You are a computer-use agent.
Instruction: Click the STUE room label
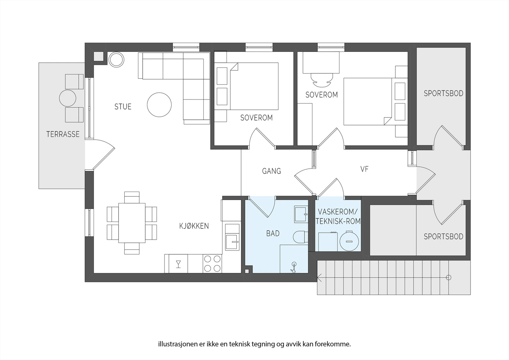pos(123,107)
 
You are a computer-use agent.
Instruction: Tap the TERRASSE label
pos(63,134)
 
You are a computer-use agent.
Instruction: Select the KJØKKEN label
pos(194,226)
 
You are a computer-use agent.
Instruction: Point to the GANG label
pos(272,171)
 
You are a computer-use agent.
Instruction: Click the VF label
pos(365,169)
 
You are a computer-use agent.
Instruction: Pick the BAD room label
pos(273,233)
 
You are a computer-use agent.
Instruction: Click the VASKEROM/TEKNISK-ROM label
pos(338,216)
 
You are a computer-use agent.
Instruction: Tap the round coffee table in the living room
pos(159,105)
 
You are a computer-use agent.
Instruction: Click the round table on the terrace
pos(67,98)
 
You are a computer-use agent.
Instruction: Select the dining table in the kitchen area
pos(132,223)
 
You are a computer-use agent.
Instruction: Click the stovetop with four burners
pos(212,264)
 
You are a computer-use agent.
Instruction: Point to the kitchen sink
pos(232,242)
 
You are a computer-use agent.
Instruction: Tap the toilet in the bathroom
pos(300,237)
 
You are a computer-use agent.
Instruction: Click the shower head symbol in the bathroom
pos(294,267)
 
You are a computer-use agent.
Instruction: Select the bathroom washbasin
pos(301,214)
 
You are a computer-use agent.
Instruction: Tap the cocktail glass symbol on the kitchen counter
pos(178,264)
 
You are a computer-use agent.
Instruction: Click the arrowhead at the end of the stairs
pos(319,278)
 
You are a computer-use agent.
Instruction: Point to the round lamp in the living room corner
pos(116,60)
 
